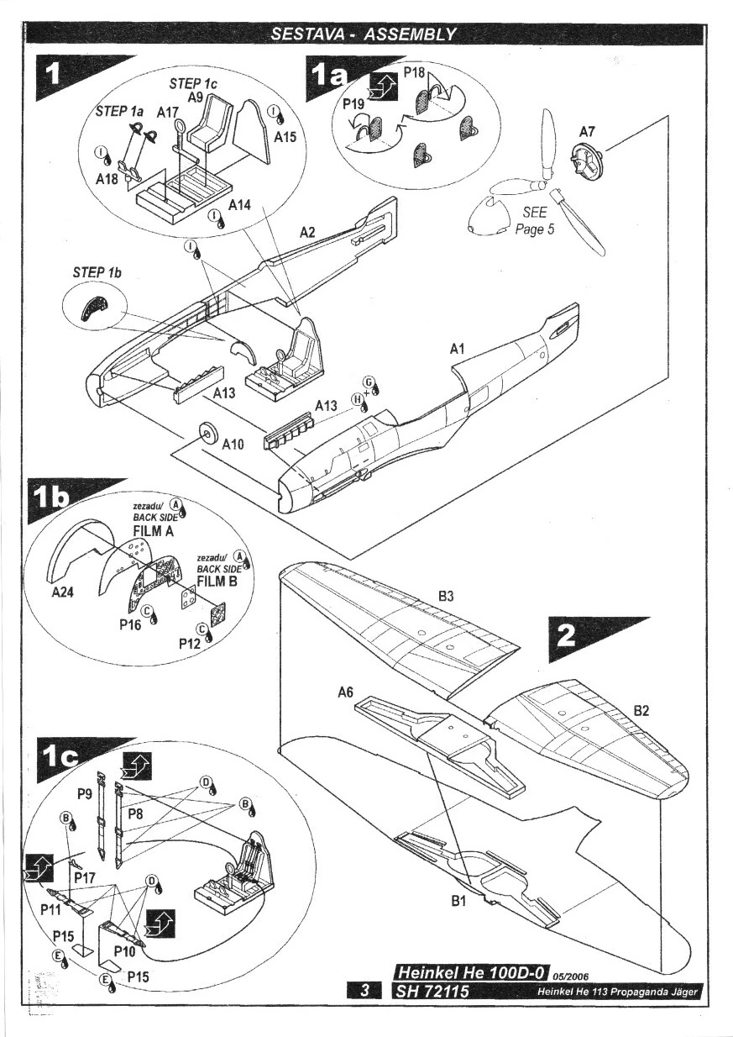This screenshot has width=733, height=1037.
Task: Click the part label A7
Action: (x=587, y=132)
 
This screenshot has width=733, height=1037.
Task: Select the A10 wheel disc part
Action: (x=207, y=434)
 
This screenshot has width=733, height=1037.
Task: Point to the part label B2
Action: (x=642, y=711)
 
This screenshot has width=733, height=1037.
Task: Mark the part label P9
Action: (x=84, y=792)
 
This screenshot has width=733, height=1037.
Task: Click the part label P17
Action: (x=83, y=876)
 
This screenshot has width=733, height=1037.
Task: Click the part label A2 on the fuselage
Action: (x=307, y=231)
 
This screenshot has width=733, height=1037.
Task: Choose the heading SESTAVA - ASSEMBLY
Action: (x=364, y=34)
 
